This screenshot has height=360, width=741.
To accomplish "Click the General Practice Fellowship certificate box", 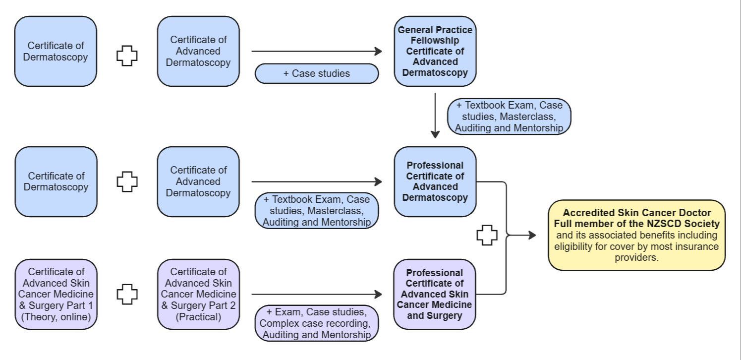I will coord(435,51).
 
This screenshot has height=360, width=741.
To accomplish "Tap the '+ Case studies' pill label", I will coord(316,73).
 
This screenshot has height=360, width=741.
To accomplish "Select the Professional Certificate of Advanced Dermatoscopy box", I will coord(435,181).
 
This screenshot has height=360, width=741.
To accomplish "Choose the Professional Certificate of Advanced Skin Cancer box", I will coord(435,294).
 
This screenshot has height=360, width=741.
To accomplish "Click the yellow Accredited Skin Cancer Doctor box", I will coord(636,235).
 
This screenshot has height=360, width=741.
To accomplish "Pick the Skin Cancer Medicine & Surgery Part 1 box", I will coord(56,294).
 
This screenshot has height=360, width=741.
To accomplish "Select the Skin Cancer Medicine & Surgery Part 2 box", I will coord(198,294).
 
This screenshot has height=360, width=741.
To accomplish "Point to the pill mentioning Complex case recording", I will coord(316,323).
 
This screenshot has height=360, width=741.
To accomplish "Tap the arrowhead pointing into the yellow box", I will coord(532,235).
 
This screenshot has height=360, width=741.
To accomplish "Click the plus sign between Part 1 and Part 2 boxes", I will coord(127,294).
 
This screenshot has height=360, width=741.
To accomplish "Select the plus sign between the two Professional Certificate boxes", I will coord(487,236).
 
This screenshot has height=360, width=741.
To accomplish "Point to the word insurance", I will coord(696,246).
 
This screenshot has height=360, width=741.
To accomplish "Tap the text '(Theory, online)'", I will coord(56,316).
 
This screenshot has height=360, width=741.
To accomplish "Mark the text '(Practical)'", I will coord(198,316).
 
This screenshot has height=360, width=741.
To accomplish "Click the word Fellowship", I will coord(435,40).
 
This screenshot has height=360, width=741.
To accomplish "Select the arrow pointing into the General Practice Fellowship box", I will coord(317,51).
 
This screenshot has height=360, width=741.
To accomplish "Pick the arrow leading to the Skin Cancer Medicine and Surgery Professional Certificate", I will coord(317,294).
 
